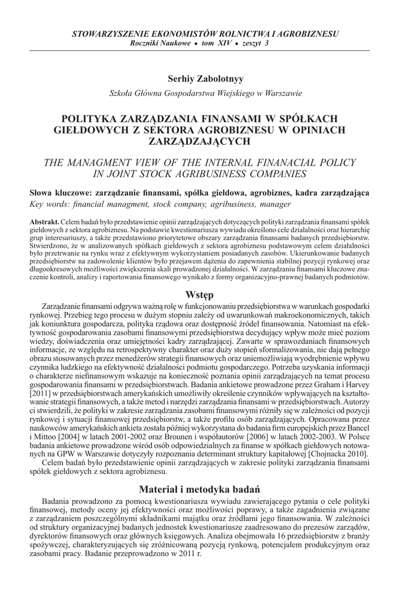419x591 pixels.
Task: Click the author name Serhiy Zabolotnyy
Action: (209, 77)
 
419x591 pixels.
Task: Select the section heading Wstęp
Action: (209, 293)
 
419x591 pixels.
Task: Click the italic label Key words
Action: (47, 204)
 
